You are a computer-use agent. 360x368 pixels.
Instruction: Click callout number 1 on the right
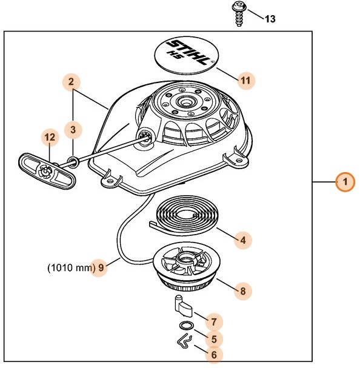tap(345, 182)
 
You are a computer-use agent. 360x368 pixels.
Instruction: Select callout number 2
tap(72, 81)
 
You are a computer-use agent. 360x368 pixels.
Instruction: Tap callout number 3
tap(73, 129)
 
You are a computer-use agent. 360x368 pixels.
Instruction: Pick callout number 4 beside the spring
tap(242, 240)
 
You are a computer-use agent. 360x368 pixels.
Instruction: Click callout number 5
tap(212, 340)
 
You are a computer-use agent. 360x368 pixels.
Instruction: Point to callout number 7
tap(213, 321)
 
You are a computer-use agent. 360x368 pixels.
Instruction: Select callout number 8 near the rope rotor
tap(242, 291)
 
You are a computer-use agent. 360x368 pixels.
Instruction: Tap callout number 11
tap(245, 79)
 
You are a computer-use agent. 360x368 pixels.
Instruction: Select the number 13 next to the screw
tap(270, 19)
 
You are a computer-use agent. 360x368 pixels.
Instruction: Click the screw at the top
tap(239, 13)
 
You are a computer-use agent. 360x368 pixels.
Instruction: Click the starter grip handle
tap(46, 172)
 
